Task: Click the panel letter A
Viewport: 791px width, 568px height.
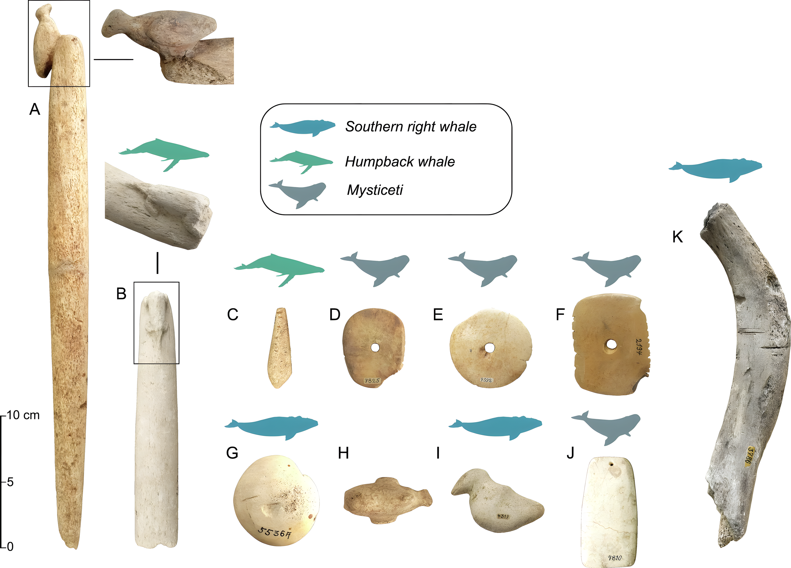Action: pyautogui.click(x=35, y=109)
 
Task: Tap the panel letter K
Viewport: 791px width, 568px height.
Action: pyautogui.click(x=677, y=237)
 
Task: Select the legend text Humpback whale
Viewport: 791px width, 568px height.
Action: pyautogui.click(x=400, y=162)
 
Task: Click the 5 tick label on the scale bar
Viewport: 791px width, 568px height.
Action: pyautogui.click(x=10, y=482)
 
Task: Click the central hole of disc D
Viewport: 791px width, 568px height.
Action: pyautogui.click(x=375, y=347)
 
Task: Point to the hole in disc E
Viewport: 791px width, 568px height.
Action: pyautogui.click(x=489, y=347)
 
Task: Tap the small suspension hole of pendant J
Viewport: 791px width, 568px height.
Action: pyautogui.click(x=610, y=464)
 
